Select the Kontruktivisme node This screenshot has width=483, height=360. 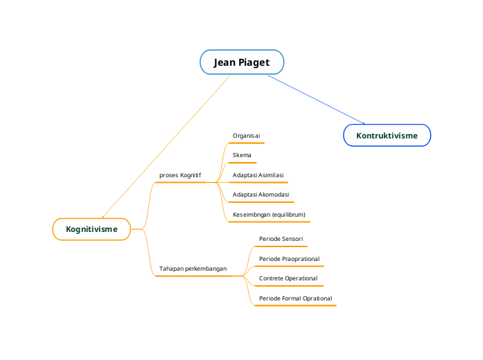pos(387,136)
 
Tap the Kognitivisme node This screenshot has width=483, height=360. pos(91,229)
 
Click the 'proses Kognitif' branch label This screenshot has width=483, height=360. pos(179,176)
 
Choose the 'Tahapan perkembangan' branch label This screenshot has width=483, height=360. pos(193,269)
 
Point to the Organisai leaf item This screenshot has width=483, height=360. pos(246,136)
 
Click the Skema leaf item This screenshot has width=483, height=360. pos(242,155)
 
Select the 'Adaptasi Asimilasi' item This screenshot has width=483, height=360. pos(258,175)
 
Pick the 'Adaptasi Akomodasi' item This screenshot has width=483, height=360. pos(261,195)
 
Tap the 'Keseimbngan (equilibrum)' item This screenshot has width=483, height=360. pos(269,215)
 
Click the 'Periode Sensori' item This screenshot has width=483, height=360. pos(281,239)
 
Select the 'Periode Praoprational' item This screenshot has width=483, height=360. pos(289,259)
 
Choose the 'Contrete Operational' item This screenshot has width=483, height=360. pos(288,278)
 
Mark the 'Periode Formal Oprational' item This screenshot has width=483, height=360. pos(295,298)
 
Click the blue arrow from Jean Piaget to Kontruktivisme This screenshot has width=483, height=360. pos(315,99)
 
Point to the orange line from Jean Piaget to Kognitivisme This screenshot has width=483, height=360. pos(166,146)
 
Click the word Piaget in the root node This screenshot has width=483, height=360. pos(254,62)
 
